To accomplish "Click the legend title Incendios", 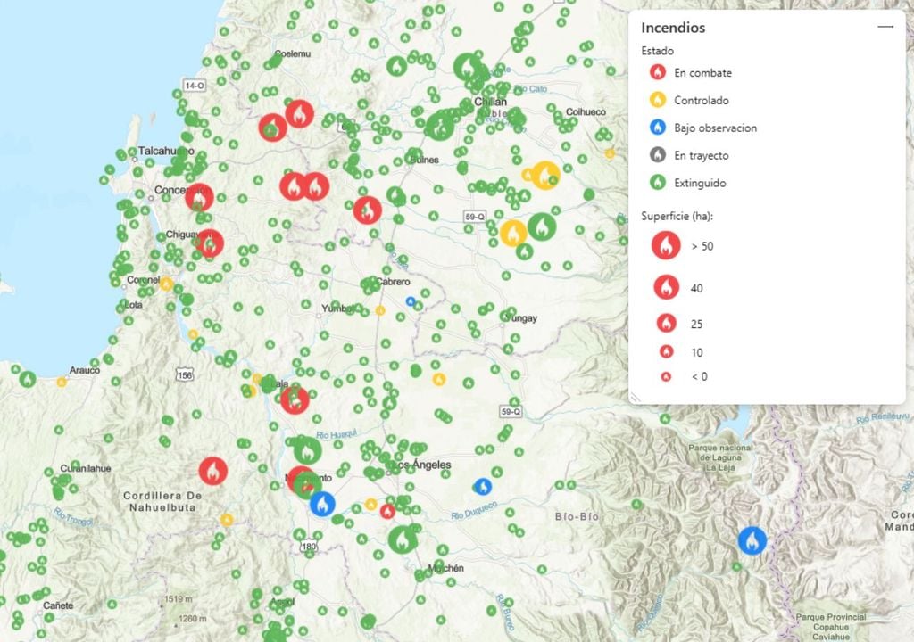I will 673,28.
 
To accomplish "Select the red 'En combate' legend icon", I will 658,73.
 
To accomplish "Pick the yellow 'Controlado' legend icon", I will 658,101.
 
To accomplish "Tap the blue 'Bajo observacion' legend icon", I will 658,128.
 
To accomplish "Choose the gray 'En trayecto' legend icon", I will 658,155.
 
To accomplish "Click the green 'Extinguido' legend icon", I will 658,183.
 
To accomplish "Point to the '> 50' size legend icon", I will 666,246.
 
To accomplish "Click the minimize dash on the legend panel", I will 885,28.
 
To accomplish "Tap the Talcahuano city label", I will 166,152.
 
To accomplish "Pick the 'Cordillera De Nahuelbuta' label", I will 162,502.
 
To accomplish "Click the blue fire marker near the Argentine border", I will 752,540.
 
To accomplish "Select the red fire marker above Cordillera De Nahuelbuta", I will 213,471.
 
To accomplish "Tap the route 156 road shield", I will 185,375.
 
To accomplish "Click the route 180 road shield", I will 310,547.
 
